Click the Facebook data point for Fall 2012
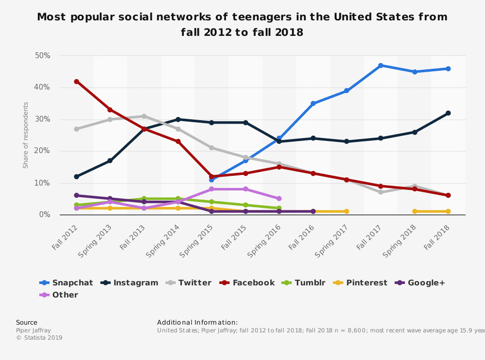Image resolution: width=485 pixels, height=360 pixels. tap(76, 81)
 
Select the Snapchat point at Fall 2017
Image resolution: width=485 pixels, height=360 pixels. tap(381, 65)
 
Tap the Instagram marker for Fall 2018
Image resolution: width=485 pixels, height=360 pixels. tap(448, 113)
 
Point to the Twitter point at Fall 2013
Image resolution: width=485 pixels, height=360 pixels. tap(144, 116)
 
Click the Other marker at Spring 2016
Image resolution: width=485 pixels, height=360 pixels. tap(279, 199)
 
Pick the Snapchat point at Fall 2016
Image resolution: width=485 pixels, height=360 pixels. tap(313, 104)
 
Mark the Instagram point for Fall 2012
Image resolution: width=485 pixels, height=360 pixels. tap(76, 176)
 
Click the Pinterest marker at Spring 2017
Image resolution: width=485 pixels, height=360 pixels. tap(347, 211)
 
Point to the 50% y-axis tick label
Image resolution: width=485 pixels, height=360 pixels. tap(43, 56)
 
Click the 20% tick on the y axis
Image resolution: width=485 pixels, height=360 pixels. tap(43, 151)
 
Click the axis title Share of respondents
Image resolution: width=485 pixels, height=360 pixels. tap(26, 135)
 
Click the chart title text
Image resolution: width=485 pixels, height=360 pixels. tap(242, 25)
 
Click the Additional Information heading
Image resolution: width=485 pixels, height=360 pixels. tap(197, 322)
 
